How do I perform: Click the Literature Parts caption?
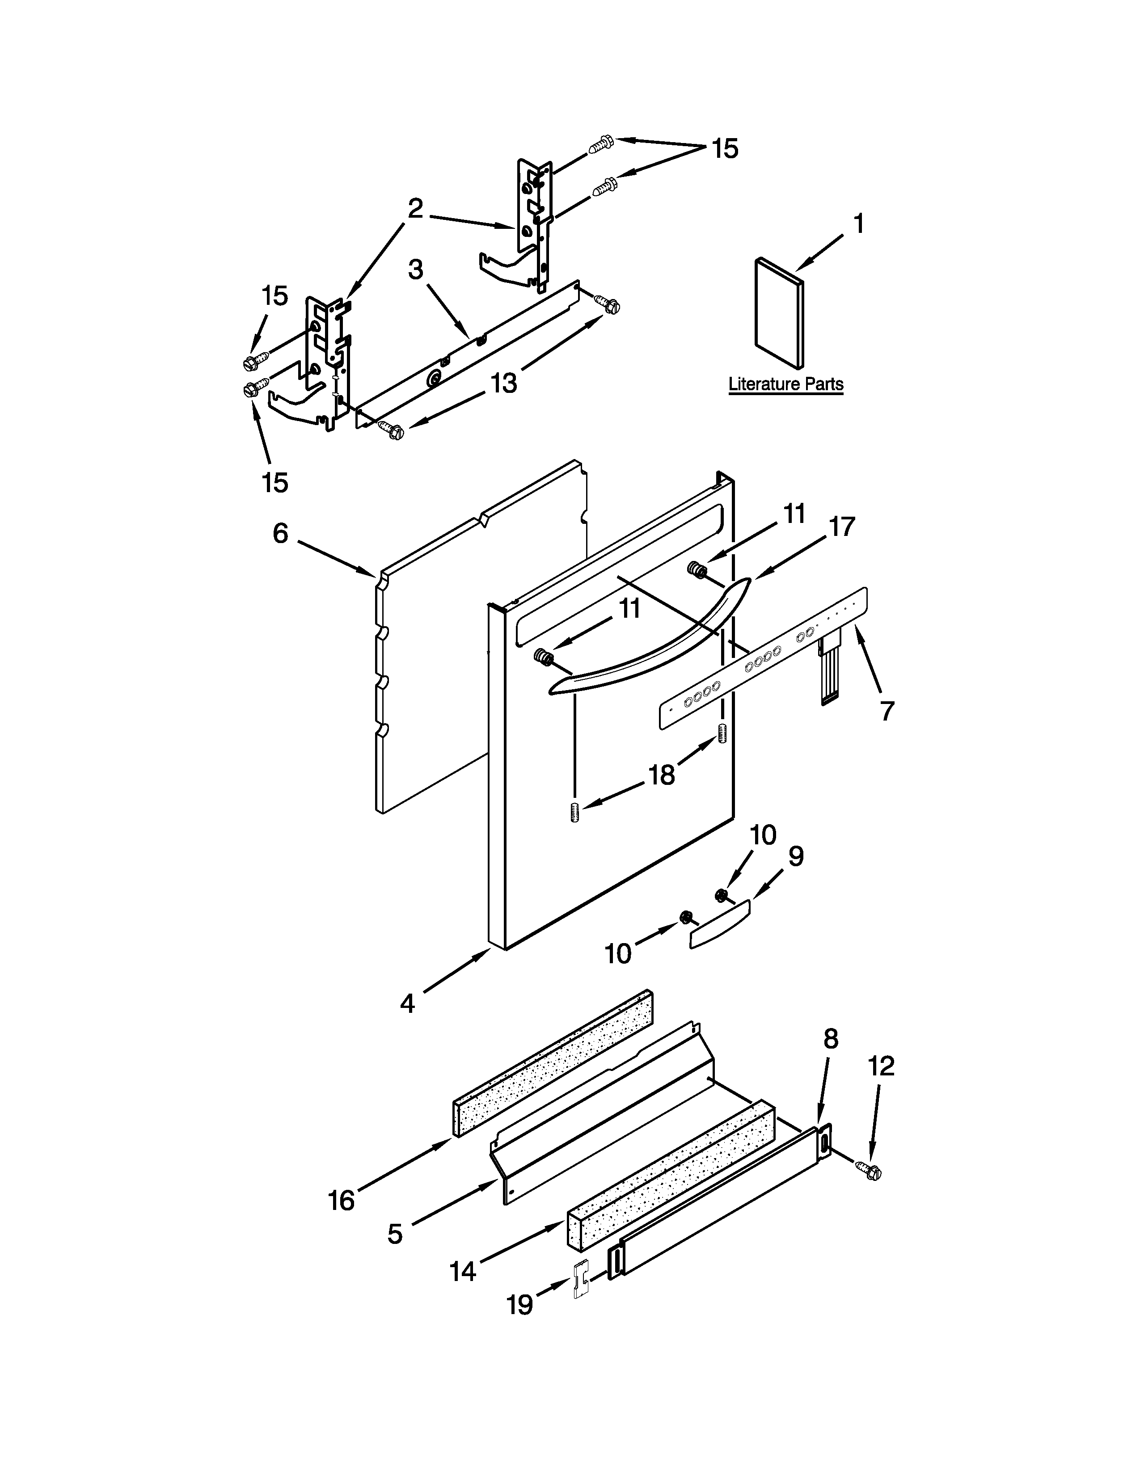pyautogui.click(x=785, y=384)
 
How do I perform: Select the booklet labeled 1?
pyautogui.click(x=779, y=316)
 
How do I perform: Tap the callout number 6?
pyautogui.click(x=280, y=534)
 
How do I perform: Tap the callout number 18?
pyautogui.click(x=662, y=776)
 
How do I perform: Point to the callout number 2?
pyautogui.click(x=415, y=209)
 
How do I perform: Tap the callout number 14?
pyautogui.click(x=463, y=1272)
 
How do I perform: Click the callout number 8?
pyautogui.click(x=831, y=1039)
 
